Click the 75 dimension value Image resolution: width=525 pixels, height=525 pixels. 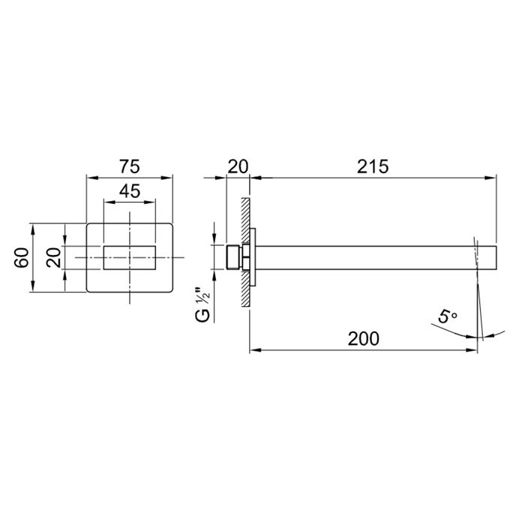(130, 166)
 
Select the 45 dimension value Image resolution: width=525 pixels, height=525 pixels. (130, 191)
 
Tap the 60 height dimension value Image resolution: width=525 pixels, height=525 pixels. (22, 257)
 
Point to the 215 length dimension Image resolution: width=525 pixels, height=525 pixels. (373, 166)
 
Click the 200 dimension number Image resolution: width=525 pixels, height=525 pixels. (364, 338)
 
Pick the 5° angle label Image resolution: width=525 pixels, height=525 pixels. (447, 316)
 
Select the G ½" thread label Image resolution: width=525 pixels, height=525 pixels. (202, 304)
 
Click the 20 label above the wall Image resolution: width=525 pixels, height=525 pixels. (238, 166)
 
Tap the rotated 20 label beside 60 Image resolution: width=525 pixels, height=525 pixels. (54, 257)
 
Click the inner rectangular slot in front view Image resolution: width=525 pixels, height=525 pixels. (130, 257)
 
